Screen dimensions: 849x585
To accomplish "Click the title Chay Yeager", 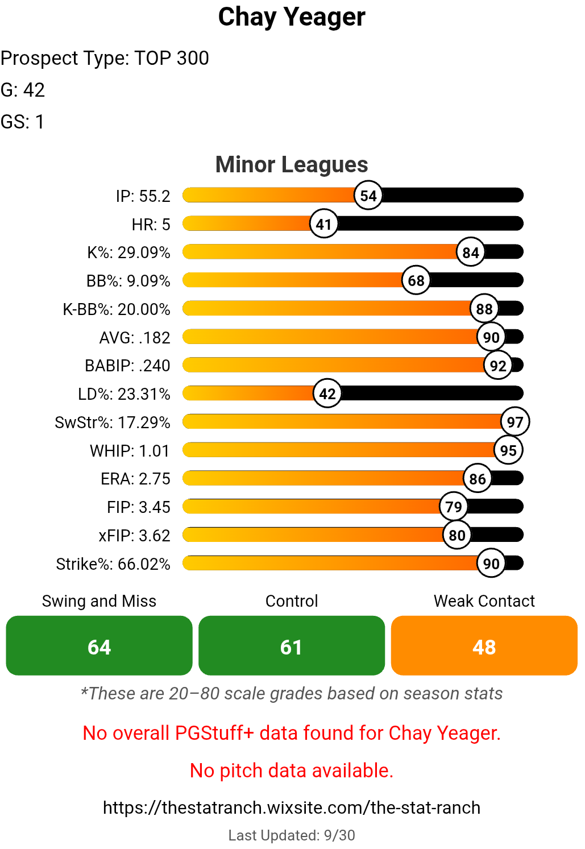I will pyautogui.click(x=292, y=17).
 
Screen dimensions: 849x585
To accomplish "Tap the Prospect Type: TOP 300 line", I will pyautogui.click(x=105, y=58).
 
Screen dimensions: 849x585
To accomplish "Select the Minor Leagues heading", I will pyautogui.click(x=292, y=164).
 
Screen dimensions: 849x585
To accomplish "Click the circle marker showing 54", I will pyautogui.click(x=368, y=196).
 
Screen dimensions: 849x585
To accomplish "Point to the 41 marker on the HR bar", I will pyautogui.click(x=324, y=224).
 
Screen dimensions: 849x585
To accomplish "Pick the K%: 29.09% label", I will pyautogui.click(x=128, y=252).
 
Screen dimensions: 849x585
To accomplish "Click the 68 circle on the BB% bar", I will pyautogui.click(x=416, y=280).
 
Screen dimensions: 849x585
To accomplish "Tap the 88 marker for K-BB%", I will pyautogui.click(x=484, y=309).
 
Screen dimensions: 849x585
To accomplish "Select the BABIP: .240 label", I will pyautogui.click(x=127, y=366).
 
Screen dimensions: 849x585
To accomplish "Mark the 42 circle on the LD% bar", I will pyautogui.click(x=327, y=394).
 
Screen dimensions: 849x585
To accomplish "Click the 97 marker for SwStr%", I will pyautogui.click(x=515, y=422).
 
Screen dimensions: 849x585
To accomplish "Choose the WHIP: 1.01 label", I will pyautogui.click(x=130, y=451).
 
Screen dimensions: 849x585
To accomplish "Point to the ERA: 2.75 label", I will pyautogui.click(x=135, y=479).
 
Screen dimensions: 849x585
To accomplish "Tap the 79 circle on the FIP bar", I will pyautogui.click(x=454, y=507).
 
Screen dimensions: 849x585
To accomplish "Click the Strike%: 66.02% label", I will pyautogui.click(x=113, y=564).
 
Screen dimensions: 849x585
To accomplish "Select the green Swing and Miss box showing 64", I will pyautogui.click(x=99, y=646).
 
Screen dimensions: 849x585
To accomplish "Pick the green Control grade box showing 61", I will pyautogui.click(x=292, y=646).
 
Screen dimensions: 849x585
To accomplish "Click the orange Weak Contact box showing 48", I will pyautogui.click(x=484, y=646).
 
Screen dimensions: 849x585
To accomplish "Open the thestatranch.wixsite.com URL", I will pyautogui.click(x=292, y=807).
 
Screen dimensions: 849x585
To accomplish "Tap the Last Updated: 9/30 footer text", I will pyautogui.click(x=292, y=835).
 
